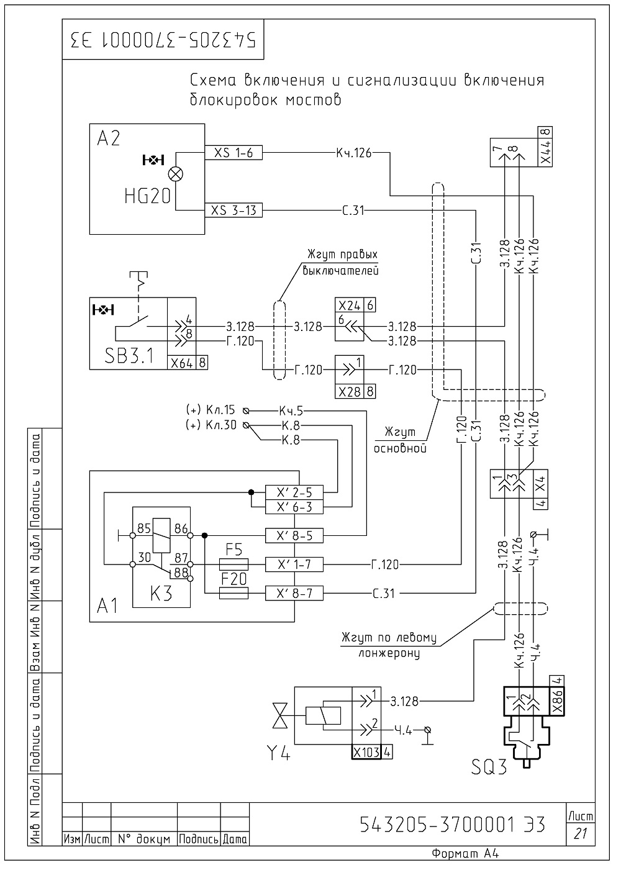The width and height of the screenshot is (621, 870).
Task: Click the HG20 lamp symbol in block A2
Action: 176,174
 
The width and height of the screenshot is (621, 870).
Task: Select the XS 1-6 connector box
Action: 233,153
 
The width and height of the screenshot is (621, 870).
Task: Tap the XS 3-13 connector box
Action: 233,210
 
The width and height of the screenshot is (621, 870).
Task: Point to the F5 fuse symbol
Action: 233,564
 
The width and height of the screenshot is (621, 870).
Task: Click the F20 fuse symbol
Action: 233,593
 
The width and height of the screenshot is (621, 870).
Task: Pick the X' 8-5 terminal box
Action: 294,535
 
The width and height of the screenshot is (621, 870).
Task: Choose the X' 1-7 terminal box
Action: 294,564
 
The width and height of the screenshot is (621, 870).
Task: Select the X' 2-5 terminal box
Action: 294,492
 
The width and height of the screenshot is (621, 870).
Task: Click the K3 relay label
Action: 161,594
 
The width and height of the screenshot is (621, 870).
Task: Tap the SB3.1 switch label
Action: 129,356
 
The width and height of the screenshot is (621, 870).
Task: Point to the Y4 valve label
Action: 278,754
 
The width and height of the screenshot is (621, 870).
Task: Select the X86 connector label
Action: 558,702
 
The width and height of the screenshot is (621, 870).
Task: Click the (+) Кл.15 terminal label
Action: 211,410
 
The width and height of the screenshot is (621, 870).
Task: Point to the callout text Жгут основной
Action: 400,440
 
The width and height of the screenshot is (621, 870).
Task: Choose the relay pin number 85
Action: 144,528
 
